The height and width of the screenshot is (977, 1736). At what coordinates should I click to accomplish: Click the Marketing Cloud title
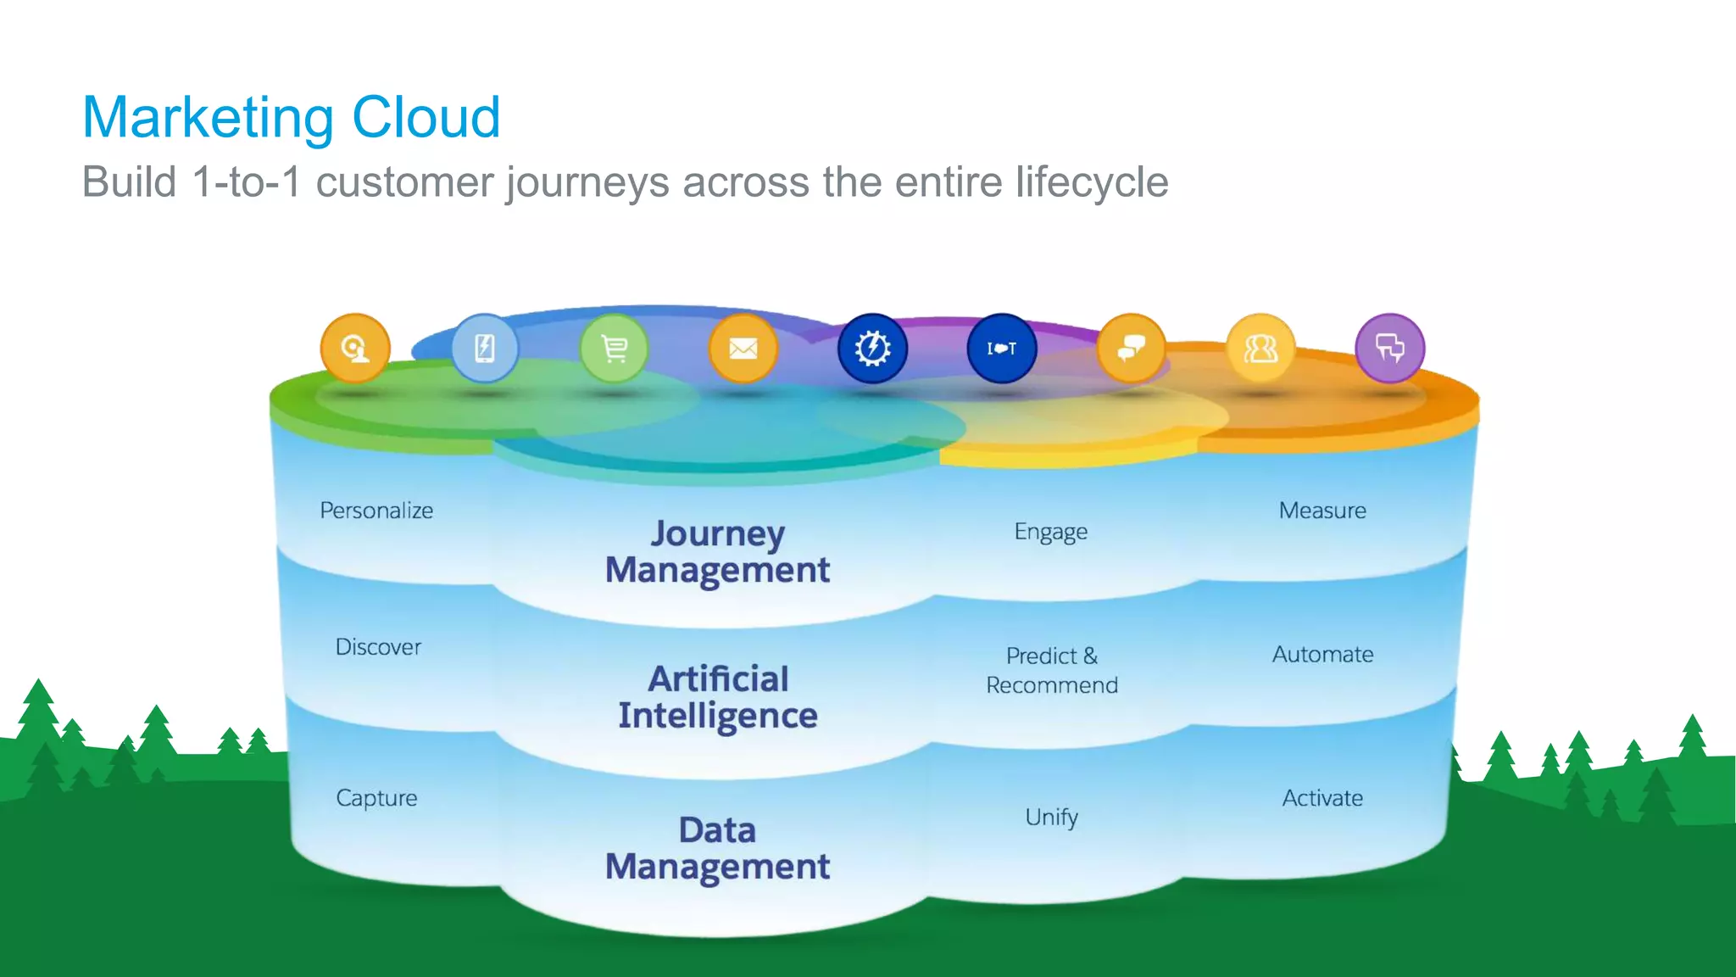(292, 117)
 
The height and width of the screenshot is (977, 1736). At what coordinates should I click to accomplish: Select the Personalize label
(376, 511)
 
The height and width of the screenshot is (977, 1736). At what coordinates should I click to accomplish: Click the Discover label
(378, 647)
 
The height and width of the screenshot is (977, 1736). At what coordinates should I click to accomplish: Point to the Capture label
(376, 798)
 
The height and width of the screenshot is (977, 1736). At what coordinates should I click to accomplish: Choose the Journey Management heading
(717, 551)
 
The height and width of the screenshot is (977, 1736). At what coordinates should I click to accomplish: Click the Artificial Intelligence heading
(717, 697)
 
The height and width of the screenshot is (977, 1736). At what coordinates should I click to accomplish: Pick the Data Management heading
(717, 848)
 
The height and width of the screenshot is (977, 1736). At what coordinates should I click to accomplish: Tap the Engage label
(1051, 532)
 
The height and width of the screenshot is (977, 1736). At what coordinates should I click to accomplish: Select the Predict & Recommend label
(1051, 670)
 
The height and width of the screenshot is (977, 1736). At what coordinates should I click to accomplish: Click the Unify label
(1051, 817)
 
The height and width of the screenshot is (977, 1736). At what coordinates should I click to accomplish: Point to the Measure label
(1322, 511)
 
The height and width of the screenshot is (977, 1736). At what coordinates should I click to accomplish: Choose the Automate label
(1322, 655)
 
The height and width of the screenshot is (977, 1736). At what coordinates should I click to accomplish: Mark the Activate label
(1322, 798)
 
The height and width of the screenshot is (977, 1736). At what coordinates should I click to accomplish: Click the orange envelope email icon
(743, 349)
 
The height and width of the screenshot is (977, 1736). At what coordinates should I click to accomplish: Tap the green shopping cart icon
(614, 349)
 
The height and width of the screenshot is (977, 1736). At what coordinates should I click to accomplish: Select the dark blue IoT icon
(1002, 349)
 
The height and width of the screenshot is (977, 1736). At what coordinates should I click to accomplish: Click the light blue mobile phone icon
(484, 349)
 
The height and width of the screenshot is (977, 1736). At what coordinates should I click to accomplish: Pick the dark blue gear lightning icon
(872, 349)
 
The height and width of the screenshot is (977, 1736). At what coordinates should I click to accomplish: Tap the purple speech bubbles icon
(1390, 349)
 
